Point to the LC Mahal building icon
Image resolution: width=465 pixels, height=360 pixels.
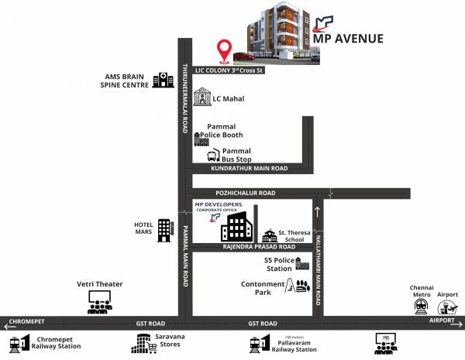point(202,97)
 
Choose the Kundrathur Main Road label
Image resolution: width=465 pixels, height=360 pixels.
point(248,168)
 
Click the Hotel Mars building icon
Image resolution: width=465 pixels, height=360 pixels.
point(164,229)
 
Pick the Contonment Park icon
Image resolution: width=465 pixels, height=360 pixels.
point(298,286)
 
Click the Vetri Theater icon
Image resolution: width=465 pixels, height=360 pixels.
point(98,301)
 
